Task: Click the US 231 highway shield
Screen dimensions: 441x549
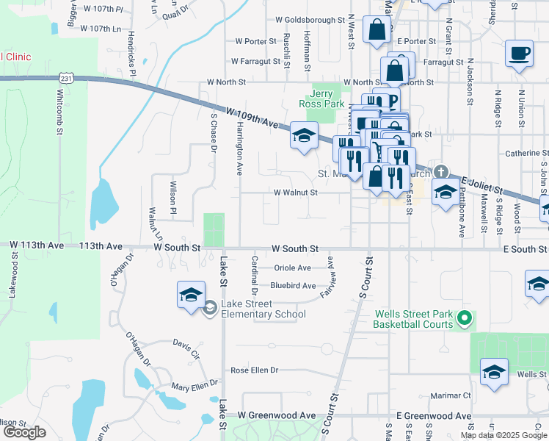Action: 67,77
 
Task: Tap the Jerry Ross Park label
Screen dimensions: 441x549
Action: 327,99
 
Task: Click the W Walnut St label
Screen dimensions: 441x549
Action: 295,193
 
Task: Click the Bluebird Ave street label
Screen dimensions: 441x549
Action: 293,285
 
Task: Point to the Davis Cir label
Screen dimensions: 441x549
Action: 186,345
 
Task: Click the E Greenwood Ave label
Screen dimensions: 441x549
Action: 434,416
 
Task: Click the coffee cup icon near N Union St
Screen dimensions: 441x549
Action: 519,54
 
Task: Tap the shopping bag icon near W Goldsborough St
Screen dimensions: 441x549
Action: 377,31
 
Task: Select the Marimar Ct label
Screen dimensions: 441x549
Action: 451,395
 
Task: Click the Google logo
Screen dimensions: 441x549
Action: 24,432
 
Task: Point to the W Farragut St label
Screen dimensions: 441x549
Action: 254,62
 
